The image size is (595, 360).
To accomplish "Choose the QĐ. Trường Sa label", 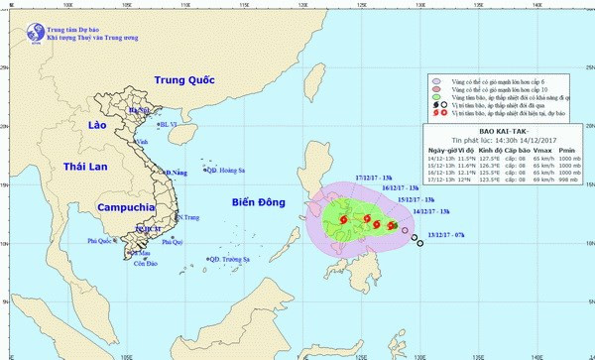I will pyautogui.click(x=229, y=260).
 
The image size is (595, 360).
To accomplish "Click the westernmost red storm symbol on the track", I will pyautogui.click(x=342, y=220).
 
